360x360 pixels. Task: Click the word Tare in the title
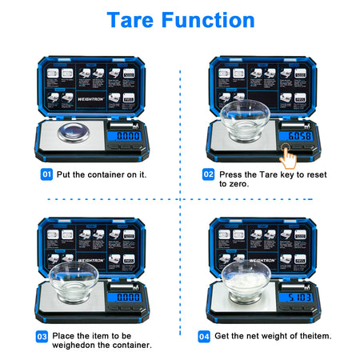(x=134, y=20)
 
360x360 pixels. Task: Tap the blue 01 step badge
(x=47, y=174)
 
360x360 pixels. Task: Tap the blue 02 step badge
(x=208, y=174)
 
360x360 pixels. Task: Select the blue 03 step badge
(x=42, y=336)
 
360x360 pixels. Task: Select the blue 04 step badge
(x=203, y=336)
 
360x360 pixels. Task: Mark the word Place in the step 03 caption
(x=66, y=336)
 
